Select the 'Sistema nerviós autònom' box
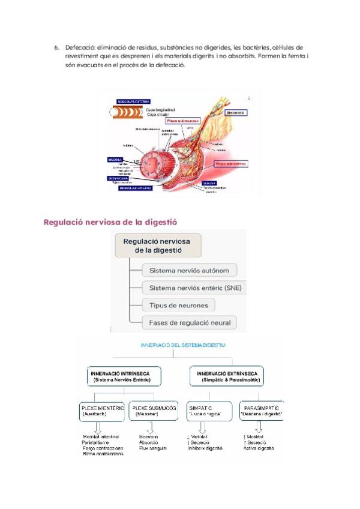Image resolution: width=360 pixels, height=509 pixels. [190, 270]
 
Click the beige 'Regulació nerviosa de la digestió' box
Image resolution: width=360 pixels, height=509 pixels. [157, 245]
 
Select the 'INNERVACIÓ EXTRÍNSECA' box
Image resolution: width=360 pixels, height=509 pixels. [228, 376]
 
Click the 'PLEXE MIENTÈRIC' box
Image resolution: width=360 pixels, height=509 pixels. [103, 411]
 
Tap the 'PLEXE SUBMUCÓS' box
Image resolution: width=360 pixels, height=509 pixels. [154, 411]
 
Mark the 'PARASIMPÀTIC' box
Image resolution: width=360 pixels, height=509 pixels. [261, 411]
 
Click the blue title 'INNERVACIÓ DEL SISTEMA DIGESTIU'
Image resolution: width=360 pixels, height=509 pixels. [179, 346]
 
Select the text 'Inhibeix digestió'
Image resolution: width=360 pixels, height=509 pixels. [208, 448]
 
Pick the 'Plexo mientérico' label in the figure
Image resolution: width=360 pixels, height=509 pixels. [230, 163]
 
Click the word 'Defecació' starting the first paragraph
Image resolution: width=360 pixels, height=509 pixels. [77, 47]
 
